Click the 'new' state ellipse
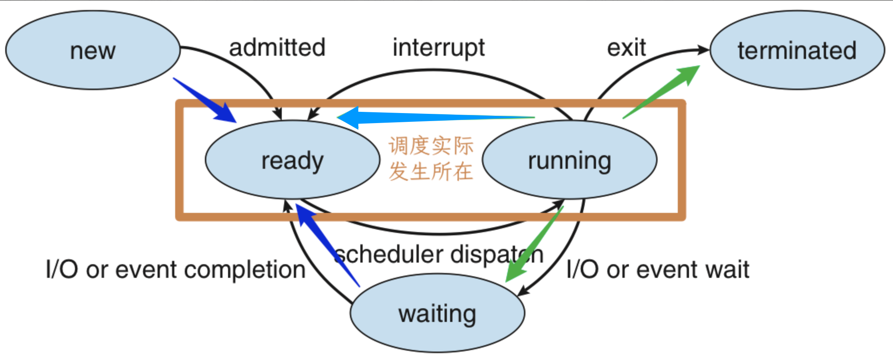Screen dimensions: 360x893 click(x=93, y=50)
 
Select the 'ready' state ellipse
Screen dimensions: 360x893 click(x=292, y=160)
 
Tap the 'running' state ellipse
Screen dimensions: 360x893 click(x=570, y=160)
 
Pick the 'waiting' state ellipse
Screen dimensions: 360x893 click(x=437, y=313)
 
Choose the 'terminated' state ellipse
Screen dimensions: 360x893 click(x=797, y=50)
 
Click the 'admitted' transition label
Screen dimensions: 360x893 click(x=277, y=48)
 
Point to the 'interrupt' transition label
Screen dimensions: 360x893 click(x=438, y=48)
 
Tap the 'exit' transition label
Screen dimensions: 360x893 click(x=626, y=48)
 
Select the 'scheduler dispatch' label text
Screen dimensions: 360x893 click(x=438, y=254)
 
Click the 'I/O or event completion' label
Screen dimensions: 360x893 click(x=176, y=269)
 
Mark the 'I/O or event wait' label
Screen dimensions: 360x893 click(x=657, y=269)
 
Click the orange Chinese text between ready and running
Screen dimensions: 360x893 click(x=431, y=159)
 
